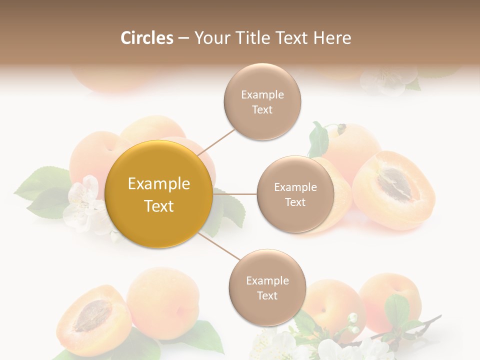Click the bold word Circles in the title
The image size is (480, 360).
click(x=146, y=38)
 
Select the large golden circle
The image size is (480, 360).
click(x=158, y=194)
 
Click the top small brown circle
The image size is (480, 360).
click(x=262, y=101)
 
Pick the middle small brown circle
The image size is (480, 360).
click(x=295, y=194)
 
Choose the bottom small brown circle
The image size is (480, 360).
click(x=267, y=287)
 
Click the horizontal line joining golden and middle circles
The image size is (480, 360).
click(x=235, y=193)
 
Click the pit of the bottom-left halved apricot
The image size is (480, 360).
click(x=92, y=316)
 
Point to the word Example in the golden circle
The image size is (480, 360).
click(x=158, y=184)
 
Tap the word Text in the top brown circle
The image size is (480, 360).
click(x=262, y=110)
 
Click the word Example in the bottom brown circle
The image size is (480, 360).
click(x=267, y=280)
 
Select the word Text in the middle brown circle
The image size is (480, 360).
click(x=295, y=202)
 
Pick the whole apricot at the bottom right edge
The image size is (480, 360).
click(x=390, y=300)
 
